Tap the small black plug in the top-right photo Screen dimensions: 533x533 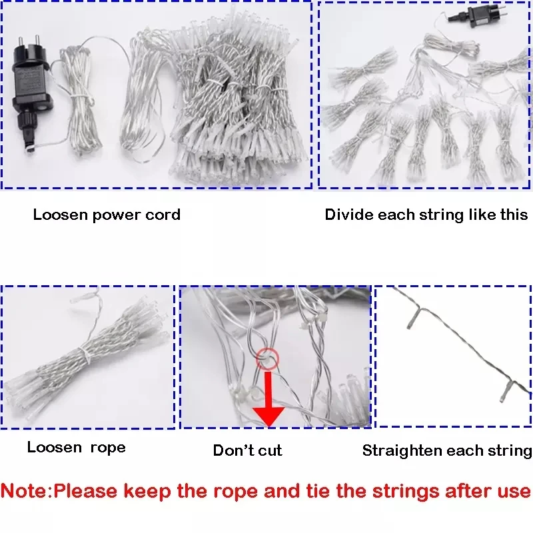[479, 16]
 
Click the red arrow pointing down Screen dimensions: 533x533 [268, 398]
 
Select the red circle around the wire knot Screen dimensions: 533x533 [268, 358]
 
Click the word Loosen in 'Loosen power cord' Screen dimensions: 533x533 [61, 215]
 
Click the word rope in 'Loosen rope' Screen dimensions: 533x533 [108, 448]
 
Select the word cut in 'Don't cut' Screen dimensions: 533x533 [270, 451]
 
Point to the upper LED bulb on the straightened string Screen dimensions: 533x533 [413, 318]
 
